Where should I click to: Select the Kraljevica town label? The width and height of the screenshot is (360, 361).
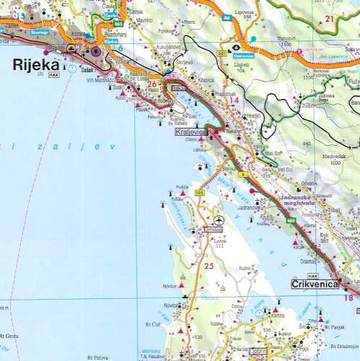192,131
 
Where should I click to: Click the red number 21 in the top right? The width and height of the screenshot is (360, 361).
329,19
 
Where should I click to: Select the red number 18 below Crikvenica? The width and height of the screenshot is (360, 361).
348,297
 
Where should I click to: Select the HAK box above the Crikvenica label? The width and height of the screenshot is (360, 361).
313,274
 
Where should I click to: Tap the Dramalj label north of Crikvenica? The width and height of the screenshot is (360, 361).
304,257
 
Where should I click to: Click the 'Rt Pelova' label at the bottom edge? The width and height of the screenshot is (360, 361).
97,356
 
